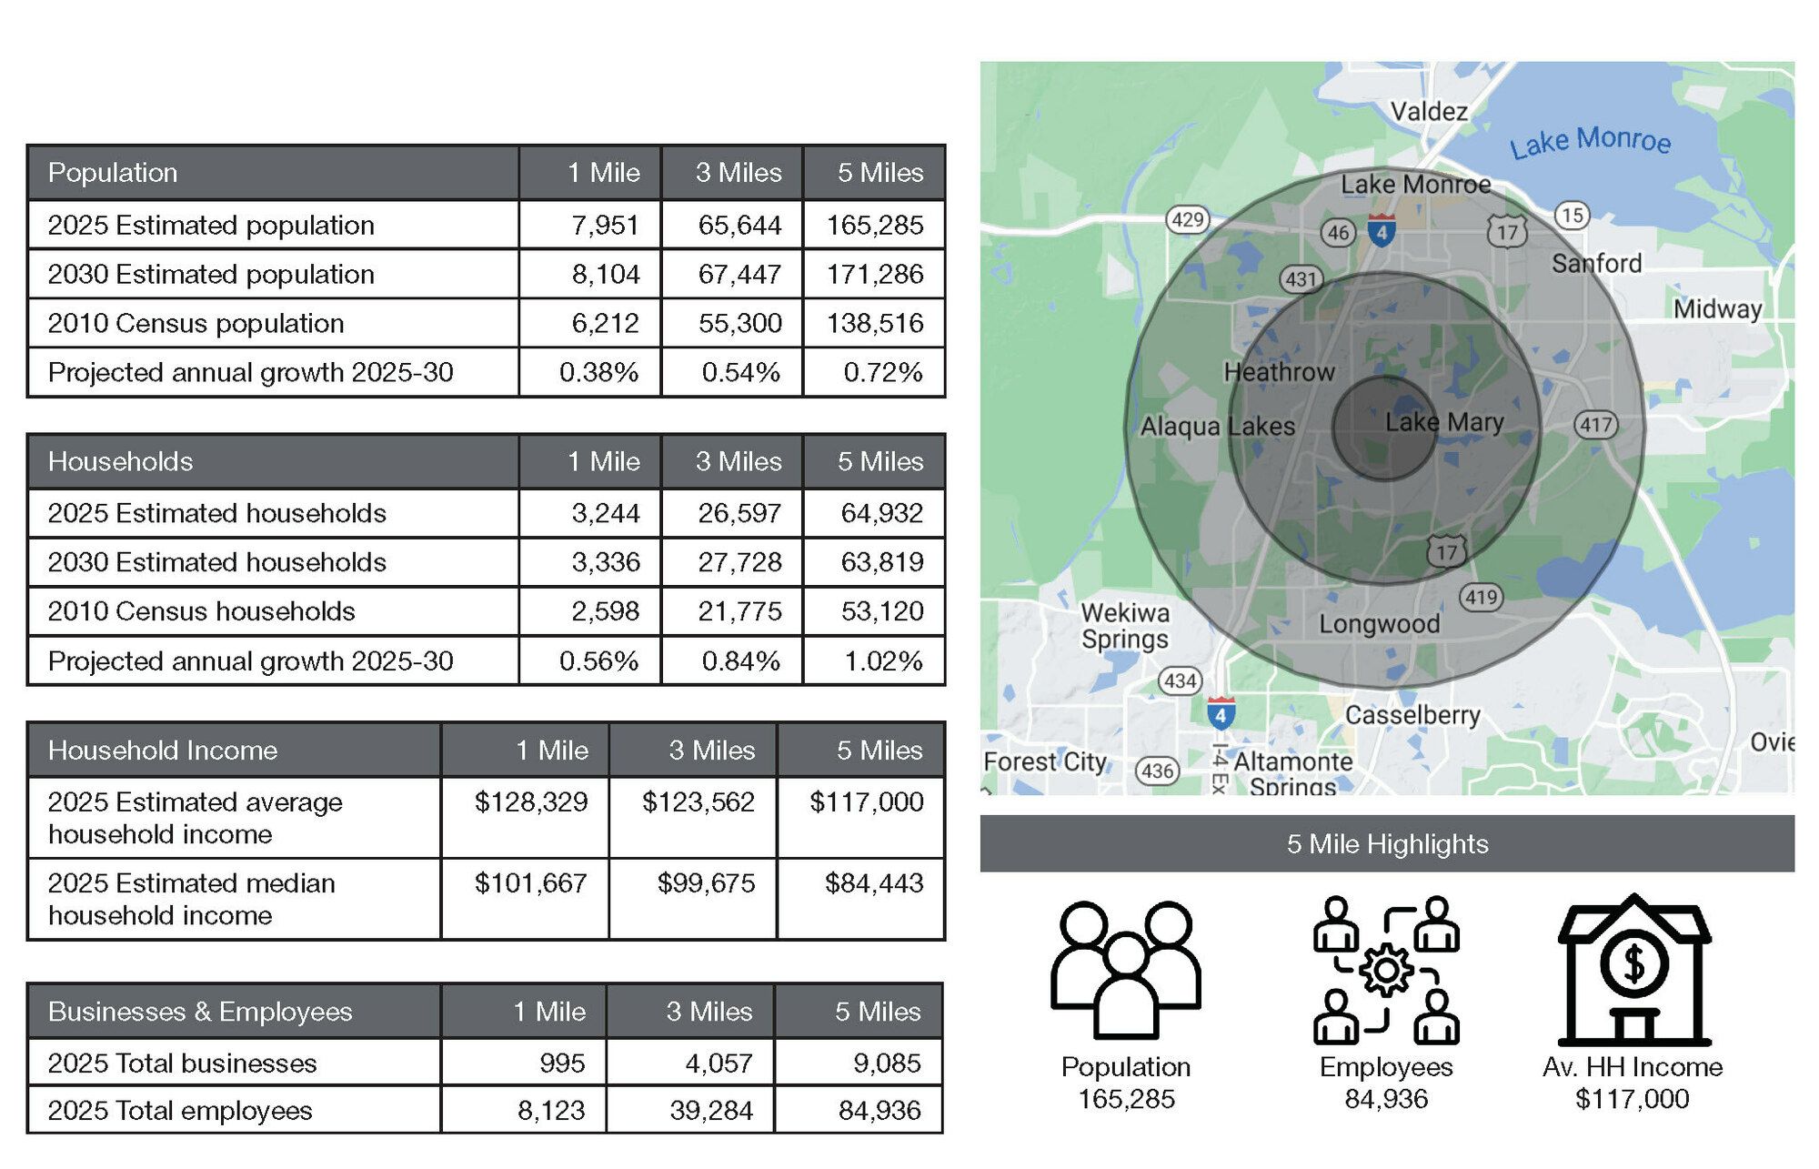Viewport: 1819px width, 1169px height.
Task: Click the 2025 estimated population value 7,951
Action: tap(605, 225)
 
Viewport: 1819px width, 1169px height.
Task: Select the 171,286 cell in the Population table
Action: tap(874, 274)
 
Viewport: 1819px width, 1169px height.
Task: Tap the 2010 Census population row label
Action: tap(196, 323)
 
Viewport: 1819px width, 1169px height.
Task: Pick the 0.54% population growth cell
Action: tap(740, 372)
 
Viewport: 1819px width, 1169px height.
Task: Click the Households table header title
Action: tap(120, 461)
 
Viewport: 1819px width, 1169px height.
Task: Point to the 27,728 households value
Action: tap(739, 562)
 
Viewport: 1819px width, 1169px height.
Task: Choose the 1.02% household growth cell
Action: tap(882, 660)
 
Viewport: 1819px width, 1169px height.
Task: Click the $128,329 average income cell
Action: tap(531, 801)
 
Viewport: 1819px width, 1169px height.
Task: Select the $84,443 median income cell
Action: tap(873, 882)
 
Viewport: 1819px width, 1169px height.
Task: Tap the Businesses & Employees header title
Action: tap(200, 1012)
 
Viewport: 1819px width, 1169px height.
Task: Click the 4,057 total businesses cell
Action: tap(719, 1063)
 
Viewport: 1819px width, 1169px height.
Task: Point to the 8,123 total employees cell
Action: tap(551, 1110)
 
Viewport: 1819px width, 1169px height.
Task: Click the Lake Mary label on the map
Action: tap(1443, 422)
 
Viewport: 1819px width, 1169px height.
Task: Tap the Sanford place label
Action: tap(1596, 264)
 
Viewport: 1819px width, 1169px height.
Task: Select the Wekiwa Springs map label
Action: tap(1125, 626)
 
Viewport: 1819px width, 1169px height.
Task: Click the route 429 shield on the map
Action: tap(1187, 219)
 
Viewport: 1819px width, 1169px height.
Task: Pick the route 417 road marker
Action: tap(1595, 424)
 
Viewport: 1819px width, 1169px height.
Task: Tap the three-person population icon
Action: tap(1126, 970)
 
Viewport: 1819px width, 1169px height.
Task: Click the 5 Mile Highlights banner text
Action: tap(1387, 844)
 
